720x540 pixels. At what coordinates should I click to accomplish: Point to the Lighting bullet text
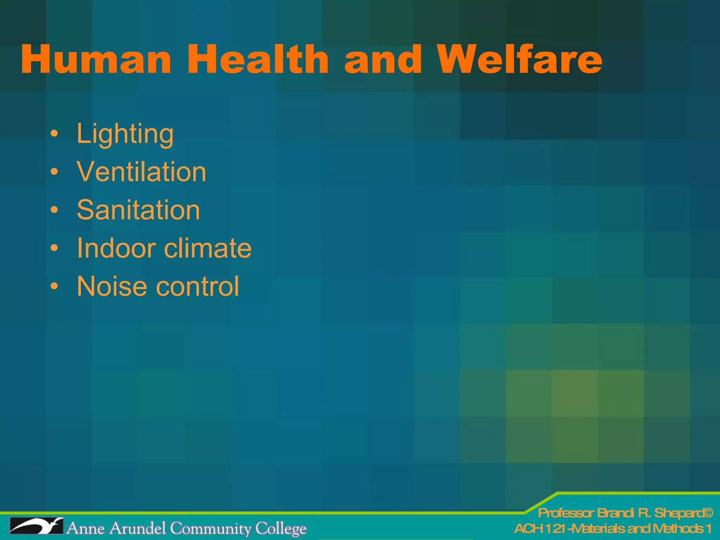coord(125,134)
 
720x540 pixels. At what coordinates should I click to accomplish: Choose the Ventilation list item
coord(141,172)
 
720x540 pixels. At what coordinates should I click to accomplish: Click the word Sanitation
coord(139,210)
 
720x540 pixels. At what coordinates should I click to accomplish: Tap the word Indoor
coord(116,248)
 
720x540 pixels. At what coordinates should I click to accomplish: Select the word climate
coord(208,248)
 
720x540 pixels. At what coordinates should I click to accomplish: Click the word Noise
coord(112,286)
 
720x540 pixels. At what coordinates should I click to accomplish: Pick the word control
coord(198,286)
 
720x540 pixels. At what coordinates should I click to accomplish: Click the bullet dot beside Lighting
coord(54,134)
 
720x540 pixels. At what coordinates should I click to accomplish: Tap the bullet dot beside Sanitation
coord(54,210)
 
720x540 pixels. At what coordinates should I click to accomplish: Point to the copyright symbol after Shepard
coord(708,513)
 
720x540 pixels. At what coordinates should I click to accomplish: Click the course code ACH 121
coord(540,528)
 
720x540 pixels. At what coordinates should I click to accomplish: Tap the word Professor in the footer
coord(566,513)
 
